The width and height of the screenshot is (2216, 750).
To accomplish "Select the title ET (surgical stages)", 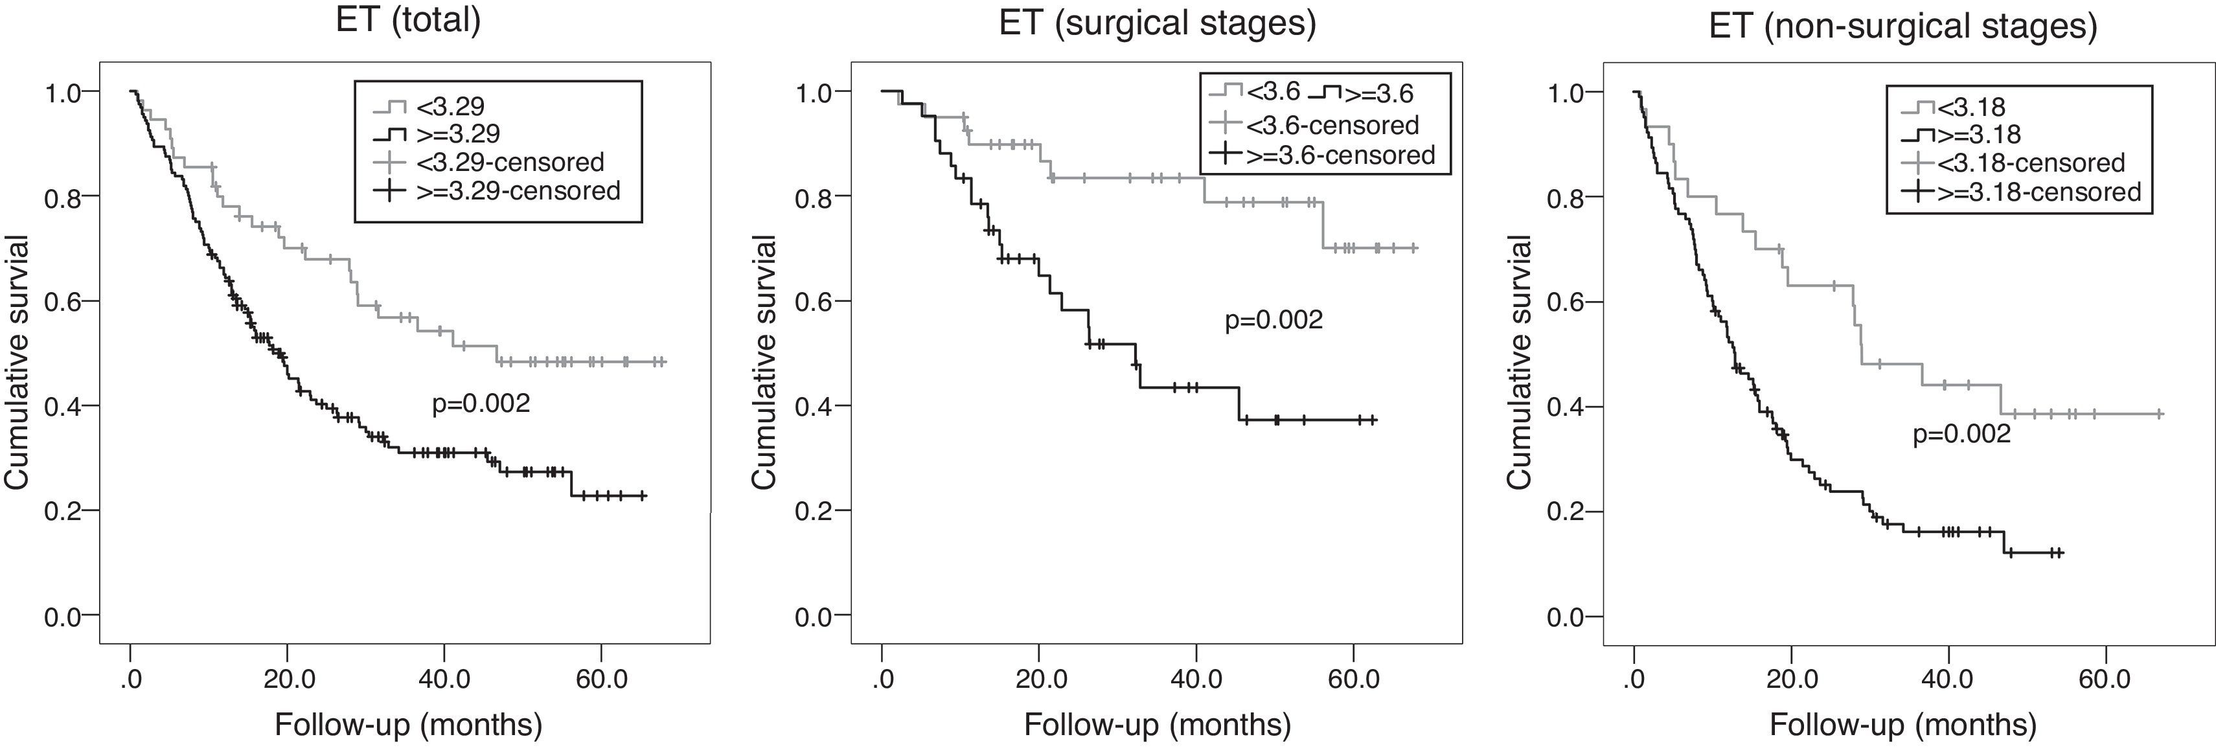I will [1157, 23].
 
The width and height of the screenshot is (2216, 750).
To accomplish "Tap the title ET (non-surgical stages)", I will [1902, 27].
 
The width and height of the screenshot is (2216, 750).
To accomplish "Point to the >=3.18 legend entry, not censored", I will [1970, 134].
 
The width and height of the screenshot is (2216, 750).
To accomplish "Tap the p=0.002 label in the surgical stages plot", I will [1273, 320].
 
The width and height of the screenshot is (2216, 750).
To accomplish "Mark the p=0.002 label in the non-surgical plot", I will [1961, 435].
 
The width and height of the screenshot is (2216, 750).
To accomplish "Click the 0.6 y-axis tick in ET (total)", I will [62, 301].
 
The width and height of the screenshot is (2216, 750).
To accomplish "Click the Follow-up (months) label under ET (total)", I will [409, 725].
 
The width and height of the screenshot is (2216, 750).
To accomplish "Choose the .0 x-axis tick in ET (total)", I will [130, 679].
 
